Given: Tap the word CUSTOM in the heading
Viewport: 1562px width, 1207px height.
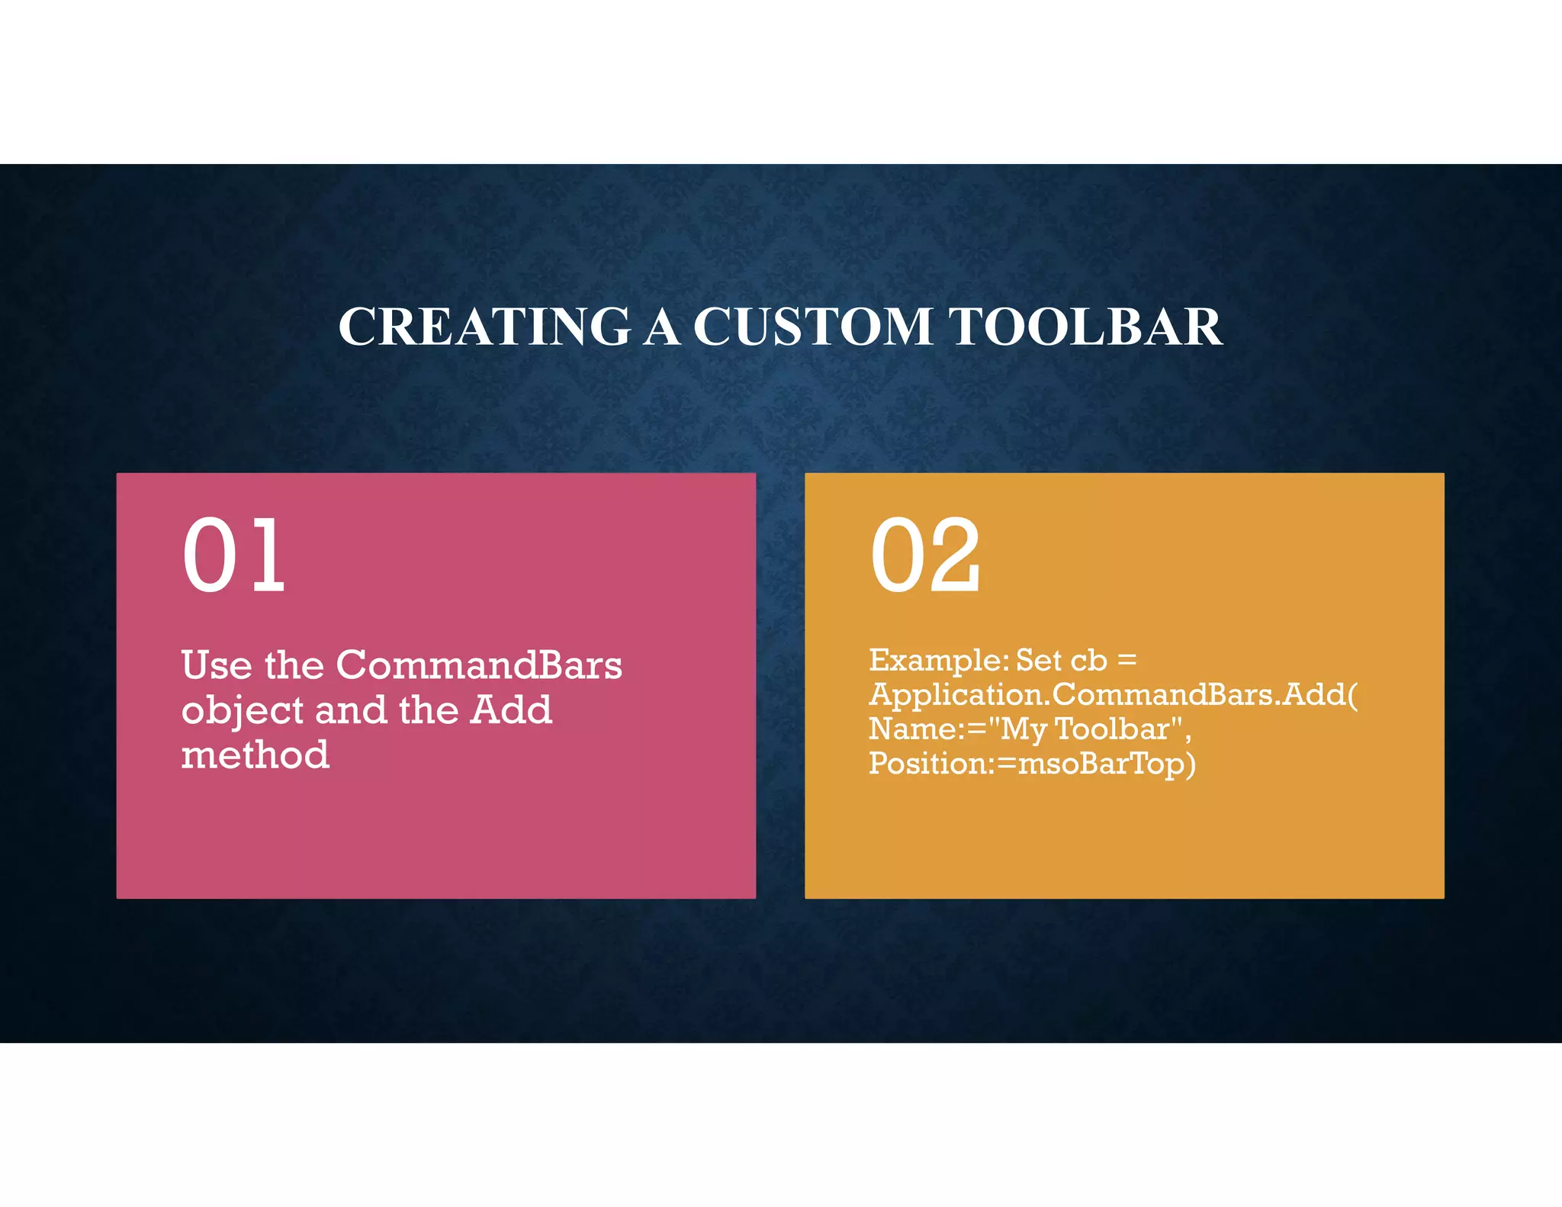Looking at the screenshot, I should [812, 327].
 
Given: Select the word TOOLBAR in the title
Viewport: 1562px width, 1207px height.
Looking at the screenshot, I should [1086, 327].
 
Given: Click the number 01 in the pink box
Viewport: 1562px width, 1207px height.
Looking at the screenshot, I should [234, 555].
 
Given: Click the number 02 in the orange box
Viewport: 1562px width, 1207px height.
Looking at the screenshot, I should [925, 555].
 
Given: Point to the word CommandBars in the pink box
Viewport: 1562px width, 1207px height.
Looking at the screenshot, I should [479, 665].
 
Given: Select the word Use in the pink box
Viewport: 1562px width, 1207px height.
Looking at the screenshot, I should [217, 665].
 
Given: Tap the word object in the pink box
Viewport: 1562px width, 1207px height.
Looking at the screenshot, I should [243, 711].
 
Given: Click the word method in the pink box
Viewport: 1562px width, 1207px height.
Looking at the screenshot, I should [256, 755].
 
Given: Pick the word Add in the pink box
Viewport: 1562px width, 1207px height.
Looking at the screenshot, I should [511, 710].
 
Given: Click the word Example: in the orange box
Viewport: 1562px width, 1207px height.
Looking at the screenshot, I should [939, 660].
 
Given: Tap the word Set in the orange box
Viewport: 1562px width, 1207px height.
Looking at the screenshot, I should [1039, 660].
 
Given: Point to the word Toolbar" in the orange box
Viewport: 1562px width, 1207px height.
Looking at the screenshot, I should [1123, 729].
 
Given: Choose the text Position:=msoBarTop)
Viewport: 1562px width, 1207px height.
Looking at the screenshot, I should [1032, 764].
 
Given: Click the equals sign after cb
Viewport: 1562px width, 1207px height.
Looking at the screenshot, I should [1127, 660].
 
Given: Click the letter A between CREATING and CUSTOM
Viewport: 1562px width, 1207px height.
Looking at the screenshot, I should [661, 327].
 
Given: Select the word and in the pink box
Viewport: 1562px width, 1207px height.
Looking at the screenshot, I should [350, 710].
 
